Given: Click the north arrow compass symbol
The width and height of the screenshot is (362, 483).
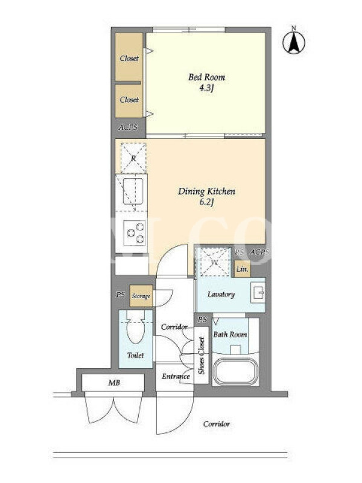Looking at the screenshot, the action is pyautogui.click(x=294, y=41).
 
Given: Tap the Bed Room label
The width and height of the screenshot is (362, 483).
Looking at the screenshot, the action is pyautogui.click(x=206, y=77).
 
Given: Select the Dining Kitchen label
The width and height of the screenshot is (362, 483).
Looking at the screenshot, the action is pyautogui.click(x=206, y=191).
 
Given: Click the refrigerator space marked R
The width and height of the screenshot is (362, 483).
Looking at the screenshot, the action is pyautogui.click(x=133, y=158).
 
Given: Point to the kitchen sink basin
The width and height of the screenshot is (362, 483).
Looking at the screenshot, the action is pyautogui.click(x=133, y=191).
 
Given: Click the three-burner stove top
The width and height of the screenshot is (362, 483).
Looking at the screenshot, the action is pyautogui.click(x=135, y=233).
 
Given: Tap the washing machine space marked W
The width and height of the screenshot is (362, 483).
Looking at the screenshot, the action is pyautogui.click(x=214, y=261).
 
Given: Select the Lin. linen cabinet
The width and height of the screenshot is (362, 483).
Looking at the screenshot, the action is pyautogui.click(x=243, y=269).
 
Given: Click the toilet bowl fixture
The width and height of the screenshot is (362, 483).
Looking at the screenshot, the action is pyautogui.click(x=135, y=327).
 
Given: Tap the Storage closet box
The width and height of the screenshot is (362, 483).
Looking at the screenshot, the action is pyautogui.click(x=141, y=296).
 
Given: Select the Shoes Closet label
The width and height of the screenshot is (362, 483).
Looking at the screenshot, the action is pyautogui.click(x=202, y=355).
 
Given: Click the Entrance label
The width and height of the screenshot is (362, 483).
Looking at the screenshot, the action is pyautogui.click(x=176, y=376).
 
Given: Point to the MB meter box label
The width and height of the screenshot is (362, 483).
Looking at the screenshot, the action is pyautogui.click(x=114, y=383).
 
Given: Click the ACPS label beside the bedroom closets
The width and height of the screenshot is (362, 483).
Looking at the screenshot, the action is pyautogui.click(x=128, y=127).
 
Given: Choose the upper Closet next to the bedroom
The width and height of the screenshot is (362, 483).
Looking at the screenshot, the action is pyautogui.click(x=129, y=57).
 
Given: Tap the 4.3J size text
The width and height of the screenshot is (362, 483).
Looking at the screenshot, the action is pyautogui.click(x=206, y=88).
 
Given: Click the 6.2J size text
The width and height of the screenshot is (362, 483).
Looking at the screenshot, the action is pyautogui.click(x=206, y=202).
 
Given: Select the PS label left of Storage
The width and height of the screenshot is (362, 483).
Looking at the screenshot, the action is pyautogui.click(x=120, y=295).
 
